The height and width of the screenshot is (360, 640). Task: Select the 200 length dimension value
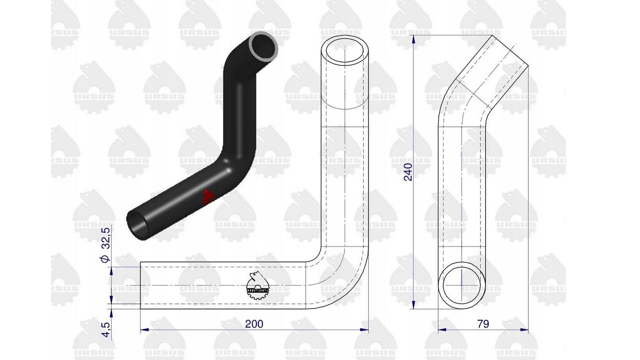[x=254, y=324]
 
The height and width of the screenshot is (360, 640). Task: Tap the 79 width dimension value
[x=483, y=324]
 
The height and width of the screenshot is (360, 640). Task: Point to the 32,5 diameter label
[x=106, y=238]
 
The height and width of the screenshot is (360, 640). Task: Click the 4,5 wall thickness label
[x=106, y=329]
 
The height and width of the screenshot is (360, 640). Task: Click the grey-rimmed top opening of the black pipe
[x=263, y=46]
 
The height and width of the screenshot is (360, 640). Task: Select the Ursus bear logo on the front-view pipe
[x=257, y=286]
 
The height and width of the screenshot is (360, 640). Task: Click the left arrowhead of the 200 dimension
[x=144, y=330]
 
